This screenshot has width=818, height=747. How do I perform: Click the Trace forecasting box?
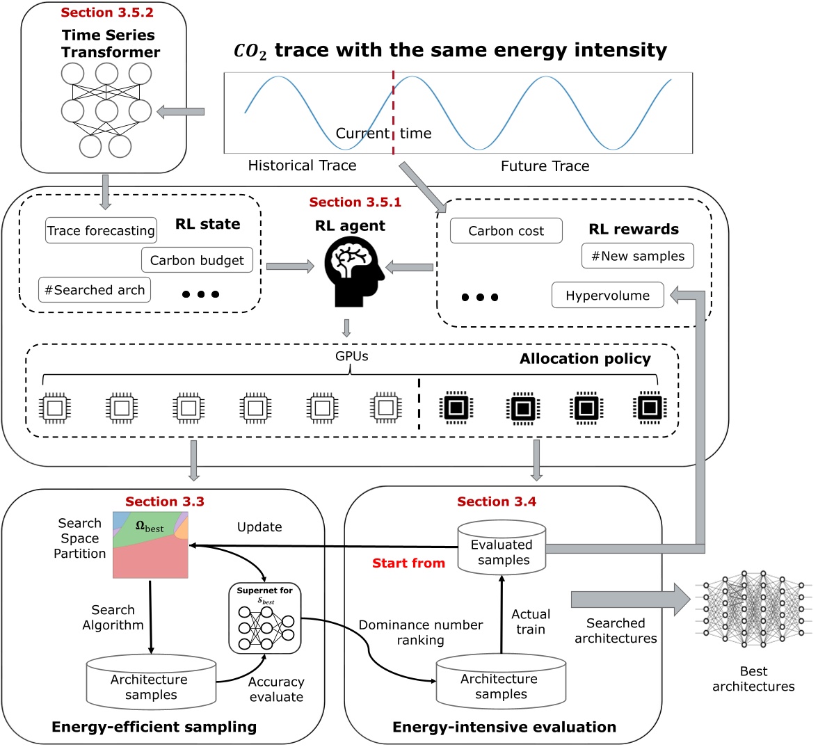click(x=101, y=231)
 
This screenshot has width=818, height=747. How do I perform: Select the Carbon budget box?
click(x=197, y=260)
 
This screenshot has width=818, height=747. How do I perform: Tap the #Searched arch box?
click(x=95, y=290)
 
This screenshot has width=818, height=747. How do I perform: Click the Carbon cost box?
click(x=506, y=231)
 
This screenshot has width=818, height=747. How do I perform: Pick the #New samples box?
click(x=638, y=256)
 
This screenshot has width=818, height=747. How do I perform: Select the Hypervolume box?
click(x=607, y=296)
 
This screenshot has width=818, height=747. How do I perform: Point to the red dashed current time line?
click(x=393, y=111)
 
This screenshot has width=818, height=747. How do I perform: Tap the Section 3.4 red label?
click(x=497, y=501)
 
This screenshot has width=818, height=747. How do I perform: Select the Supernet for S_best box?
click(x=265, y=618)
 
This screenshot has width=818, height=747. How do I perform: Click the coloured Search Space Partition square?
click(x=151, y=545)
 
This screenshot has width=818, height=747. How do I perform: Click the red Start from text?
click(x=408, y=563)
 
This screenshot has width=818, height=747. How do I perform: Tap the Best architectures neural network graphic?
click(x=754, y=605)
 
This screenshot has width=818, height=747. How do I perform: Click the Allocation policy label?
click(x=585, y=359)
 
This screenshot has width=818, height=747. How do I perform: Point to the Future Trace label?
click(x=545, y=166)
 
